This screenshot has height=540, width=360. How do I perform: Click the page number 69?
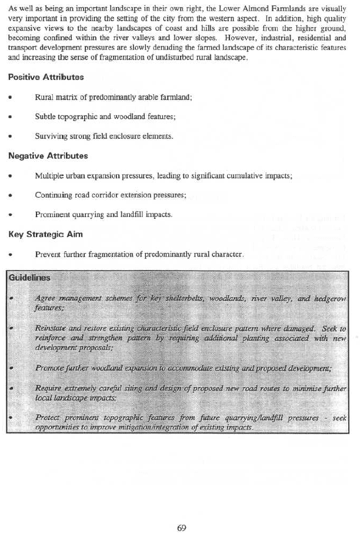click(181, 526)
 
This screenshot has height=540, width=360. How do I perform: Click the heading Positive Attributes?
click(46, 77)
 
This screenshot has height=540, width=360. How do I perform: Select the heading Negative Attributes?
click(48, 156)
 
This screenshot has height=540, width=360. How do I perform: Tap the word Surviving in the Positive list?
click(51, 136)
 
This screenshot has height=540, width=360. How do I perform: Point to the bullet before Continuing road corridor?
click(11, 195)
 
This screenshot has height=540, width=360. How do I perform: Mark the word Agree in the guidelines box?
click(45, 298)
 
